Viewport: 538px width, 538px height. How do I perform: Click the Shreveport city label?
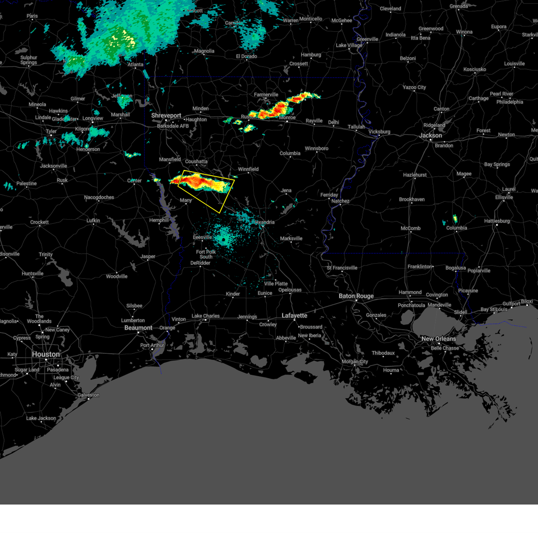pyautogui.click(x=166, y=116)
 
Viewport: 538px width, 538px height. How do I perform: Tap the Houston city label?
pyautogui.click(x=46, y=355)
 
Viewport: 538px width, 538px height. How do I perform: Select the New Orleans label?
pyautogui.click(x=438, y=339)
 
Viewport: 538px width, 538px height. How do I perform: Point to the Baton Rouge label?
pyautogui.click(x=356, y=296)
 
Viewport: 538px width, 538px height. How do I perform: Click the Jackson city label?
pyautogui.click(x=431, y=135)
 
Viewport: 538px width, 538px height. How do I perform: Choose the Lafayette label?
pyautogui.click(x=294, y=316)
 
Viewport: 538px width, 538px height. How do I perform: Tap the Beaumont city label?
pyautogui.click(x=138, y=328)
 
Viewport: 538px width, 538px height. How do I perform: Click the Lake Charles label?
pyautogui.click(x=205, y=316)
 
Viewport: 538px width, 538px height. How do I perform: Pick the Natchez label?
pyautogui.click(x=340, y=201)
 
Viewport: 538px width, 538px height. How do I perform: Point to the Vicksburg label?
pyautogui.click(x=379, y=132)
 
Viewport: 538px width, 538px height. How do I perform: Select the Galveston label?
pyautogui.click(x=88, y=395)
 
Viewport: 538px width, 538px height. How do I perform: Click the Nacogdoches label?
pyautogui.click(x=99, y=197)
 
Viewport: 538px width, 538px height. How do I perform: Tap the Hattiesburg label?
pyautogui.click(x=497, y=221)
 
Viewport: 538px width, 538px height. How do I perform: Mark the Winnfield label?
pyautogui.click(x=248, y=169)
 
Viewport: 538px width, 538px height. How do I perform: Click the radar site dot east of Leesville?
pyautogui.click(x=223, y=239)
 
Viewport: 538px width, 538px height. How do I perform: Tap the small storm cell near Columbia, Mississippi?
pyautogui.click(x=455, y=219)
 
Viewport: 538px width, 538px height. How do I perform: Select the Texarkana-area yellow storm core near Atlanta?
pyautogui.click(x=123, y=39)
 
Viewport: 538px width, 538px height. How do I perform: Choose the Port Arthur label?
pyautogui.click(x=152, y=345)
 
